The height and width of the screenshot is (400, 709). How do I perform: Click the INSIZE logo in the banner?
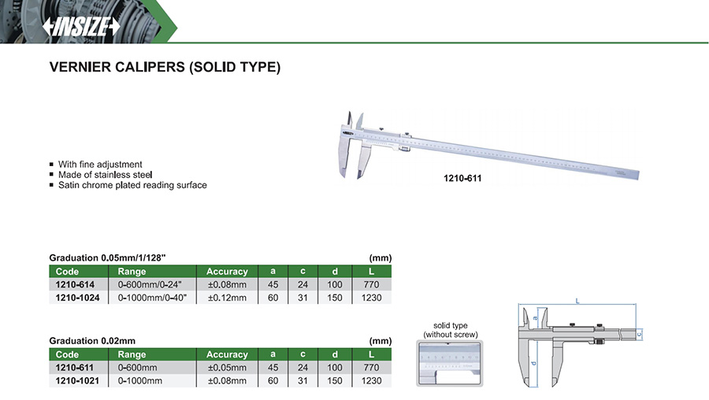click(81, 27)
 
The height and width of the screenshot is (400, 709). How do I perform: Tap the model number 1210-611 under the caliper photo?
click(462, 178)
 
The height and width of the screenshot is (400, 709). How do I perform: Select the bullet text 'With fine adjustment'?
click(100, 164)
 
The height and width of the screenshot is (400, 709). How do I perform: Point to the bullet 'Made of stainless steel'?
click(105, 175)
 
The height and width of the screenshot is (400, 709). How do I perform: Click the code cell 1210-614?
click(75, 285)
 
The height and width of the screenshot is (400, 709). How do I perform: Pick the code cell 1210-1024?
click(77, 298)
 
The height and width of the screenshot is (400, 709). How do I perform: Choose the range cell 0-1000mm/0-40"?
click(152, 298)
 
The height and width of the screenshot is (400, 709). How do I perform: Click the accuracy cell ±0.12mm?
click(227, 298)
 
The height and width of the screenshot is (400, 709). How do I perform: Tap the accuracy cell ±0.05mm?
click(227, 368)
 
